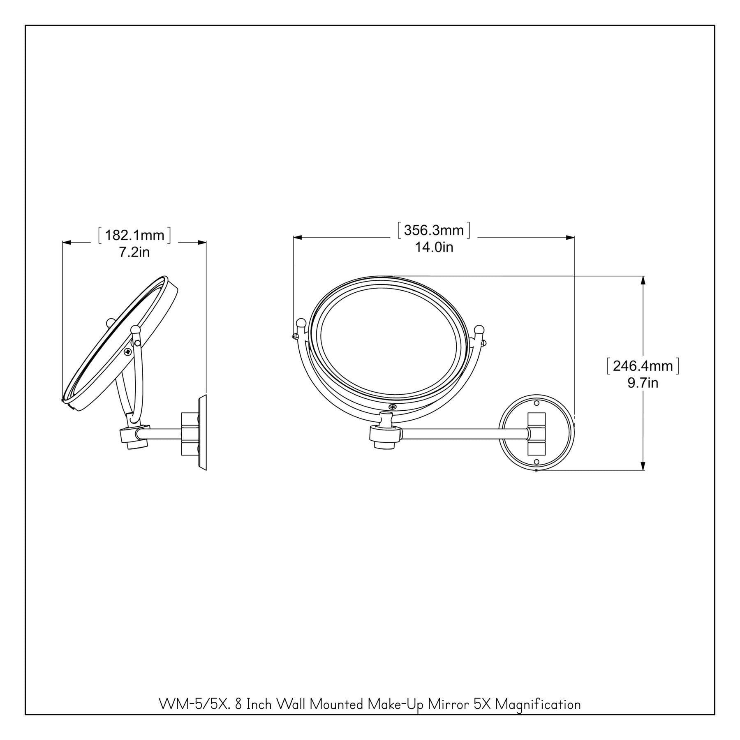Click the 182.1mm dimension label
(x=134, y=236)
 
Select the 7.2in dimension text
(x=134, y=252)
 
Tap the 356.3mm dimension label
(x=434, y=231)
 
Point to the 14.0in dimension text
(x=434, y=247)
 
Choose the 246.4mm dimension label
(x=643, y=366)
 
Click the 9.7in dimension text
(x=643, y=383)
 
